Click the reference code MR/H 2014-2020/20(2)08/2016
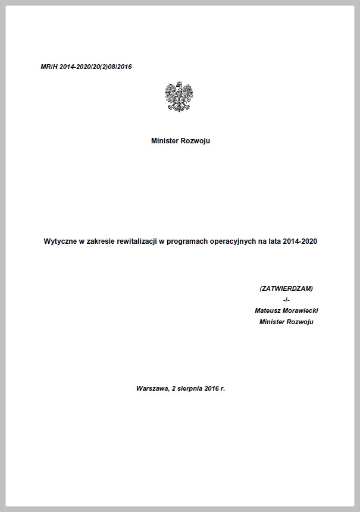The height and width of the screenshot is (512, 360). [86, 67]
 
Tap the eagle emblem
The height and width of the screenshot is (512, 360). [179, 96]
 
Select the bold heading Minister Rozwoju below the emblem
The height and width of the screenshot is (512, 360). [180, 141]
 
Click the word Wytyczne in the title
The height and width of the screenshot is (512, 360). [60, 242]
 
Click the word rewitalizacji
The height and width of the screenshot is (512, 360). [140, 242]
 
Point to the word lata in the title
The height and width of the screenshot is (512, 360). [276, 242]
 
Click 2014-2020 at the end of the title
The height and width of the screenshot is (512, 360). [301, 242]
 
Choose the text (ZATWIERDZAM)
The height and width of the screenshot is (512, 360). [286, 288]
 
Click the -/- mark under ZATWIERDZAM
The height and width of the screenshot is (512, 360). [286, 300]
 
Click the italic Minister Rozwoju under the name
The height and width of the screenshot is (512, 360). [286, 322]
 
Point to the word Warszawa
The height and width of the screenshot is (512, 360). [151, 388]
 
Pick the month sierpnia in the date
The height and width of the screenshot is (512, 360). [189, 388]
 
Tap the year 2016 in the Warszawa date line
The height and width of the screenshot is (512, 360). [212, 388]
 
